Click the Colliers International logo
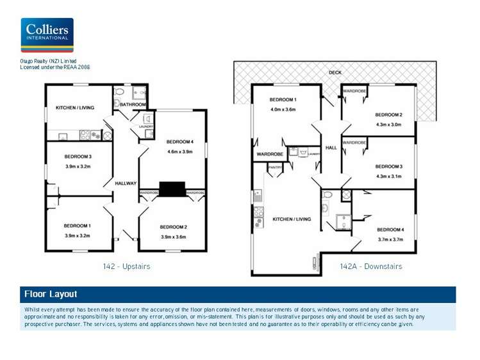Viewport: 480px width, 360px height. pos(47,35)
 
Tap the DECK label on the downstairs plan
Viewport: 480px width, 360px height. pos(335,72)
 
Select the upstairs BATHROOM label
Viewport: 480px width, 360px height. pos(133,104)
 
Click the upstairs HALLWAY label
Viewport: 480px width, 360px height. pos(126,184)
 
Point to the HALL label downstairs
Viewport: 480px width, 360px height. pos(331,148)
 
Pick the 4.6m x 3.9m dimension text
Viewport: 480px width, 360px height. pos(179,152)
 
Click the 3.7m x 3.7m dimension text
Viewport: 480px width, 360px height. pos(390,239)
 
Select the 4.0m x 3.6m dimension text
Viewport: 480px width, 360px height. pos(282,110)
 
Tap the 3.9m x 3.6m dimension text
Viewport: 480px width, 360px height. pos(173,237)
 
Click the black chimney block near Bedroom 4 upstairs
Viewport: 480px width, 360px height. pos(172,189)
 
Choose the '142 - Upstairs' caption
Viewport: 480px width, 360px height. pos(126,266)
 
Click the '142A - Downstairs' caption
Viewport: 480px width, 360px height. pos(371,266)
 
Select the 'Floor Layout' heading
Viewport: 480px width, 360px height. pos(51,295)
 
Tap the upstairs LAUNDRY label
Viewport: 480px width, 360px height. pos(146,127)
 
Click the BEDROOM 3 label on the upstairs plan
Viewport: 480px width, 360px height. pos(77,156)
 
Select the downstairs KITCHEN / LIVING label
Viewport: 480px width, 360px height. pos(292,219)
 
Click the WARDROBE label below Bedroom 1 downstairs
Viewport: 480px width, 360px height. pos(270,154)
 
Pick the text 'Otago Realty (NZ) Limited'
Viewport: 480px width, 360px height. pos(49,61)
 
